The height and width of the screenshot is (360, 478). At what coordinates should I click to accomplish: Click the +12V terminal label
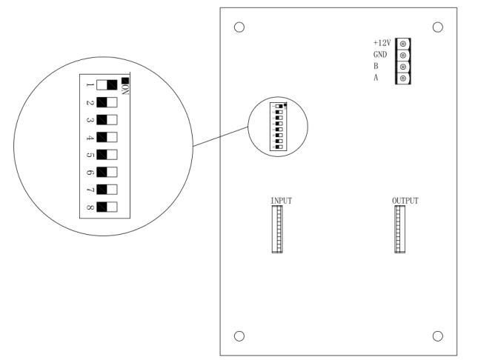pyautogui.click(x=382, y=43)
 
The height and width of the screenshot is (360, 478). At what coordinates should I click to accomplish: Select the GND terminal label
pyautogui.click(x=380, y=55)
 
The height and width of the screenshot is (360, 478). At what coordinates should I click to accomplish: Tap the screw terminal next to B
pyautogui.click(x=402, y=67)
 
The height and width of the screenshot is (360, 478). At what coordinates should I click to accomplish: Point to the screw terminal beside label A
pyautogui.click(x=402, y=79)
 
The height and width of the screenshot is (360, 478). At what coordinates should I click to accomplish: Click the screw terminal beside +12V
pyautogui.click(x=402, y=43)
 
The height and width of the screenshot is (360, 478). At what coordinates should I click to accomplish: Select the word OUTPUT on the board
pyautogui.click(x=405, y=201)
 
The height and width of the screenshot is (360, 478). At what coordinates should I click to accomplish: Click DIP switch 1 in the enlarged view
pyautogui.click(x=107, y=85)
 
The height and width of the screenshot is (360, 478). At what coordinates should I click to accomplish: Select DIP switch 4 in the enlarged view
pyautogui.click(x=107, y=137)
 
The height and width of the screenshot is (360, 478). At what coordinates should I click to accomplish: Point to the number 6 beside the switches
pyautogui.click(x=90, y=172)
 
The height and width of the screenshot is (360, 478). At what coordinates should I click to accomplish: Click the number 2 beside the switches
pyautogui.click(x=90, y=102)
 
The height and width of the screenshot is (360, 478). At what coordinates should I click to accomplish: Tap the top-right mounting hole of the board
pyautogui.click(x=436, y=27)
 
